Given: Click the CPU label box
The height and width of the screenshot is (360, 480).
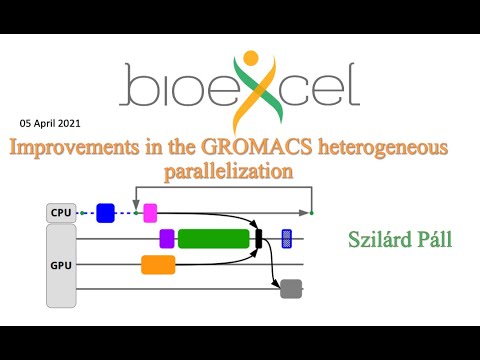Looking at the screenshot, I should [61, 213].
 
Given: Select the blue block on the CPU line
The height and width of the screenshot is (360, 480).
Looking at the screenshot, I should [105, 212].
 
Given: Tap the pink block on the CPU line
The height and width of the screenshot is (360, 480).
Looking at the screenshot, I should [150, 212].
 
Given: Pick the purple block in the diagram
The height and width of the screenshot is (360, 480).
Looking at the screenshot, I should [167, 238].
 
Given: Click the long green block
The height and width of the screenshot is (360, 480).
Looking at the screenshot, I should [213, 238].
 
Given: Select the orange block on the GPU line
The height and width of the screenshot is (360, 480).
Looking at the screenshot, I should [158, 264].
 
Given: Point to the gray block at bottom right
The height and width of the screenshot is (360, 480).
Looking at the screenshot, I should [291, 289].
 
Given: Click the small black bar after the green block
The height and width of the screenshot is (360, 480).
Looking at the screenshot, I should [258, 238].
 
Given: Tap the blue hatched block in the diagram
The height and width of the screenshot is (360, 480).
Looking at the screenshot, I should [287, 238].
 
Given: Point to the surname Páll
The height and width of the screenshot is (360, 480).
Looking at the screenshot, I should [437, 239].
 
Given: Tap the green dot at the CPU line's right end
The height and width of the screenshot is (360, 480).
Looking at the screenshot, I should [311, 212].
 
